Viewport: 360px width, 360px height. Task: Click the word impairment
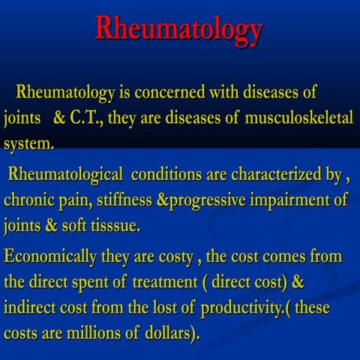pos(293,200)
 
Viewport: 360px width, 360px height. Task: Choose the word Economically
pos(53,256)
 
